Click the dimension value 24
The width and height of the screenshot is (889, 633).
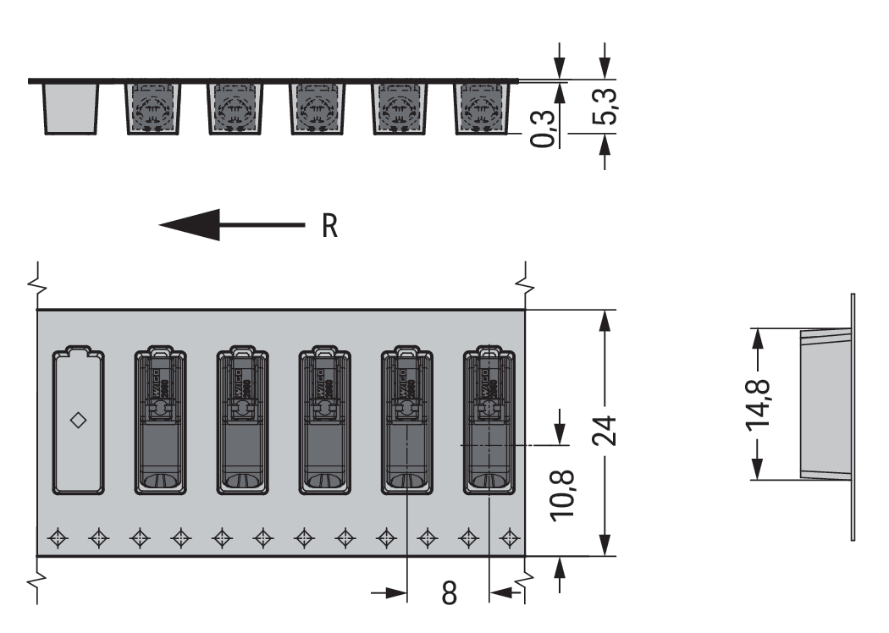[605, 431]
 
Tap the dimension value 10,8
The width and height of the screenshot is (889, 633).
[562, 494]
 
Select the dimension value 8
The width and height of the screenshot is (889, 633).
[449, 593]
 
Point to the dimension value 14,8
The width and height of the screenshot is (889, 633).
[758, 404]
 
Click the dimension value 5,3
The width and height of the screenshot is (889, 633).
[605, 106]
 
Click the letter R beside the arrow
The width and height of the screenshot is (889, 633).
[329, 226]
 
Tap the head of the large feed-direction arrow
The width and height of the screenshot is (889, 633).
[190, 225]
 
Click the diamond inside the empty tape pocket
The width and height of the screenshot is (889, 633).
[78, 421]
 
